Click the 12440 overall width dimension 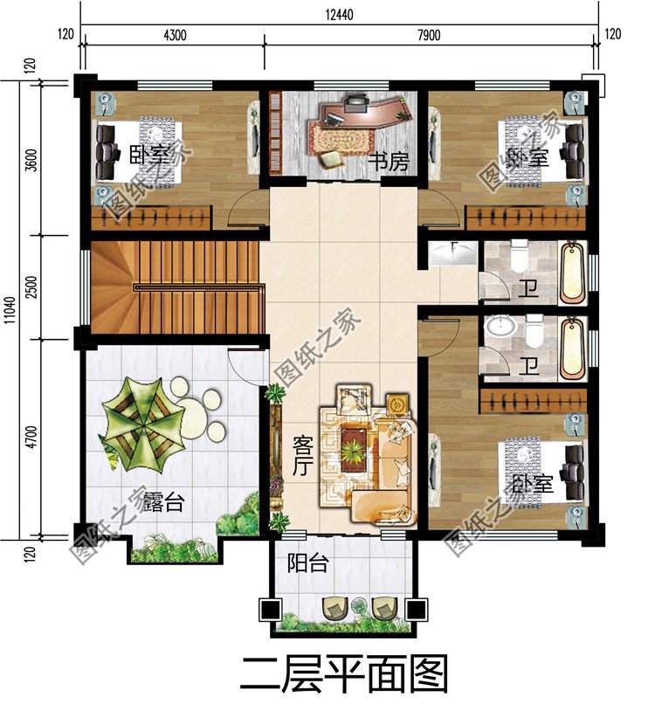339,12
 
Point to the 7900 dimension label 430,35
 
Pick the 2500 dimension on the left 32,287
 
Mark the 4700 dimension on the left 32,437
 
